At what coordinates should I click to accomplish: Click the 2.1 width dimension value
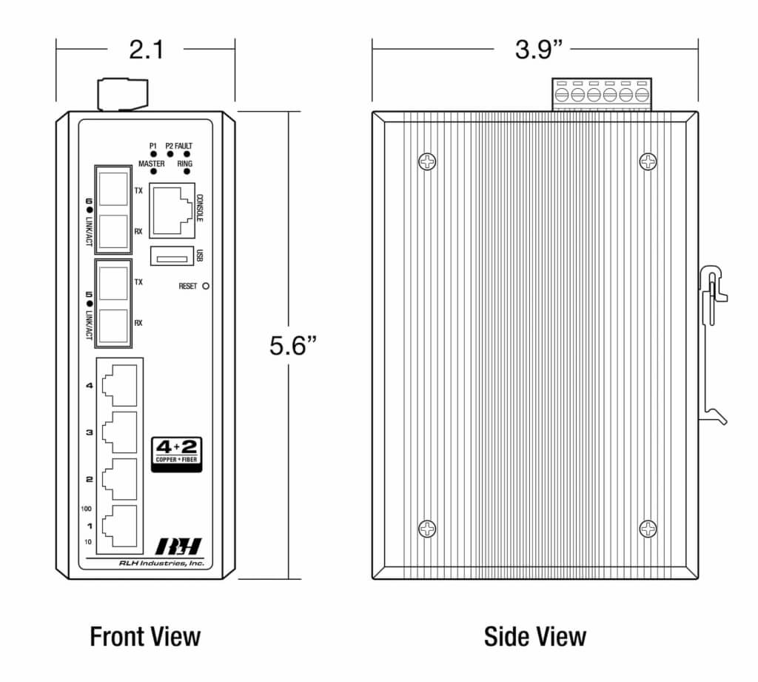pyautogui.click(x=146, y=50)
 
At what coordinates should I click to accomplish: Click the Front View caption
pyautogui.click(x=145, y=636)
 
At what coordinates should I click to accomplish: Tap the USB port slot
pyautogui.click(x=171, y=256)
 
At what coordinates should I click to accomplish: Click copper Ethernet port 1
pyautogui.click(x=119, y=526)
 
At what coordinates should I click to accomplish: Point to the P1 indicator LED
pyautogui.click(x=153, y=154)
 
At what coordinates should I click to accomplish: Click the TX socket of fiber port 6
pyautogui.click(x=113, y=190)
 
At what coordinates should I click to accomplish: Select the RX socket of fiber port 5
pyautogui.click(x=113, y=323)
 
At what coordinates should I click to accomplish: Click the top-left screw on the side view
pyautogui.click(x=427, y=161)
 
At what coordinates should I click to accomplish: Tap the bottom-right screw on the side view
pyautogui.click(x=648, y=528)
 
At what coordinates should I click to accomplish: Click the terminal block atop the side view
pyautogui.click(x=602, y=94)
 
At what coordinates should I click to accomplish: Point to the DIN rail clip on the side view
pyautogui.click(x=712, y=348)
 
